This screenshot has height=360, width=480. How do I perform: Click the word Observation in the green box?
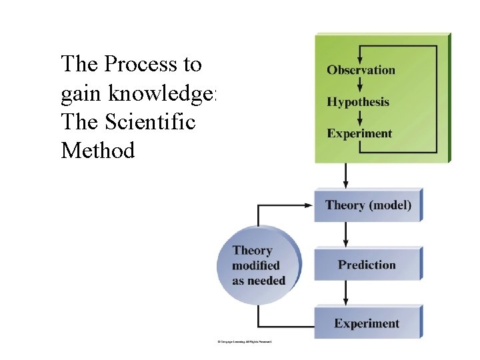[361, 70]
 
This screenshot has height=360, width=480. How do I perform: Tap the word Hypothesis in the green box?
[358, 102]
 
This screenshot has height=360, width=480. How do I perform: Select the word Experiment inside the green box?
[359, 133]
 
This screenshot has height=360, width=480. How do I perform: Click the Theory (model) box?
[368, 205]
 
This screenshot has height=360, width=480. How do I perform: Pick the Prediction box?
[367, 265]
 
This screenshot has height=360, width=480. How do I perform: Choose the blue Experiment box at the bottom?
[367, 323]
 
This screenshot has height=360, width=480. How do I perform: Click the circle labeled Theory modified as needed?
[259, 265]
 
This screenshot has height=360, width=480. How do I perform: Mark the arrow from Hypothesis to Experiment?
[360, 118]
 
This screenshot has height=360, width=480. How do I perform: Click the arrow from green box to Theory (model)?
[345, 177]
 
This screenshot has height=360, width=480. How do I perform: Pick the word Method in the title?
[97, 151]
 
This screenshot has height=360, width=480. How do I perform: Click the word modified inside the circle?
[256, 266]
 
